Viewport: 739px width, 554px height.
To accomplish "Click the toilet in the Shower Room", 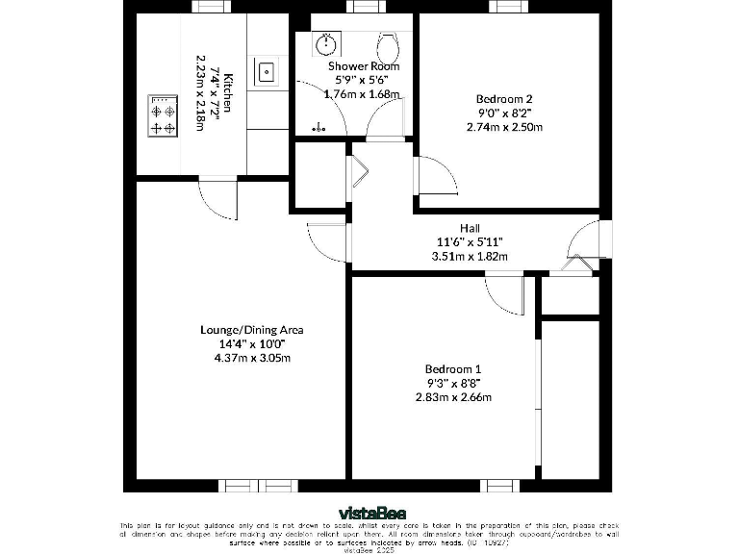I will tap(389, 45).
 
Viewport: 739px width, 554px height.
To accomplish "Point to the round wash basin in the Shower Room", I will tap(328, 43).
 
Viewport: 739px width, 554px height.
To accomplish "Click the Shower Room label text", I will tap(363, 66).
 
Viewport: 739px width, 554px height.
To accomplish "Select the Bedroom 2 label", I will tap(504, 98).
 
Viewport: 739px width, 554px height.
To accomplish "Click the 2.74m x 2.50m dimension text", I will tap(504, 127).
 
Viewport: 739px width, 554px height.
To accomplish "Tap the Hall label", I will tap(470, 228).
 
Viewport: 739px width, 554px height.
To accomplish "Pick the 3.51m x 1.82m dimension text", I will tap(470, 256).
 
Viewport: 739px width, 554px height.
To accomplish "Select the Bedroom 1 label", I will tap(452, 369).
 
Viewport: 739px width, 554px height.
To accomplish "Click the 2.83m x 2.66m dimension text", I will tap(452, 397).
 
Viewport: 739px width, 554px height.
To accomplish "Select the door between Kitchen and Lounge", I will tap(216, 199).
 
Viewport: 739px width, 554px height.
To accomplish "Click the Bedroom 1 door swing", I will tap(504, 291).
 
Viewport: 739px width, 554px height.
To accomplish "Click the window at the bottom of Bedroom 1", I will tap(500, 486).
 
